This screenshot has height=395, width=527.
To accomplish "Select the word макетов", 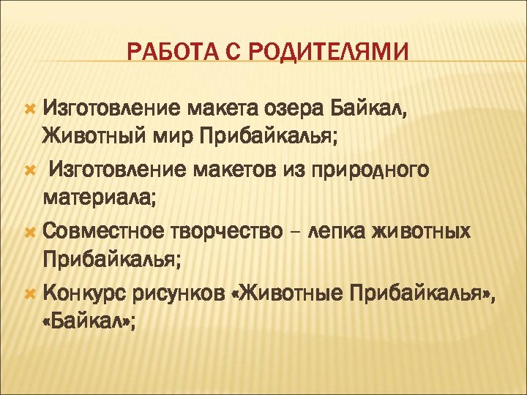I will pos(228,170).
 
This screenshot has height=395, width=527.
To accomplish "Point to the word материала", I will pos(90,198).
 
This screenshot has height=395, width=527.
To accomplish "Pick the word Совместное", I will pos(103,231).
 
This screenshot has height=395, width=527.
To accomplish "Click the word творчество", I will pos(227,231).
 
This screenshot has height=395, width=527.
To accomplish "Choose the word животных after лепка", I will pos(426,231).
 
